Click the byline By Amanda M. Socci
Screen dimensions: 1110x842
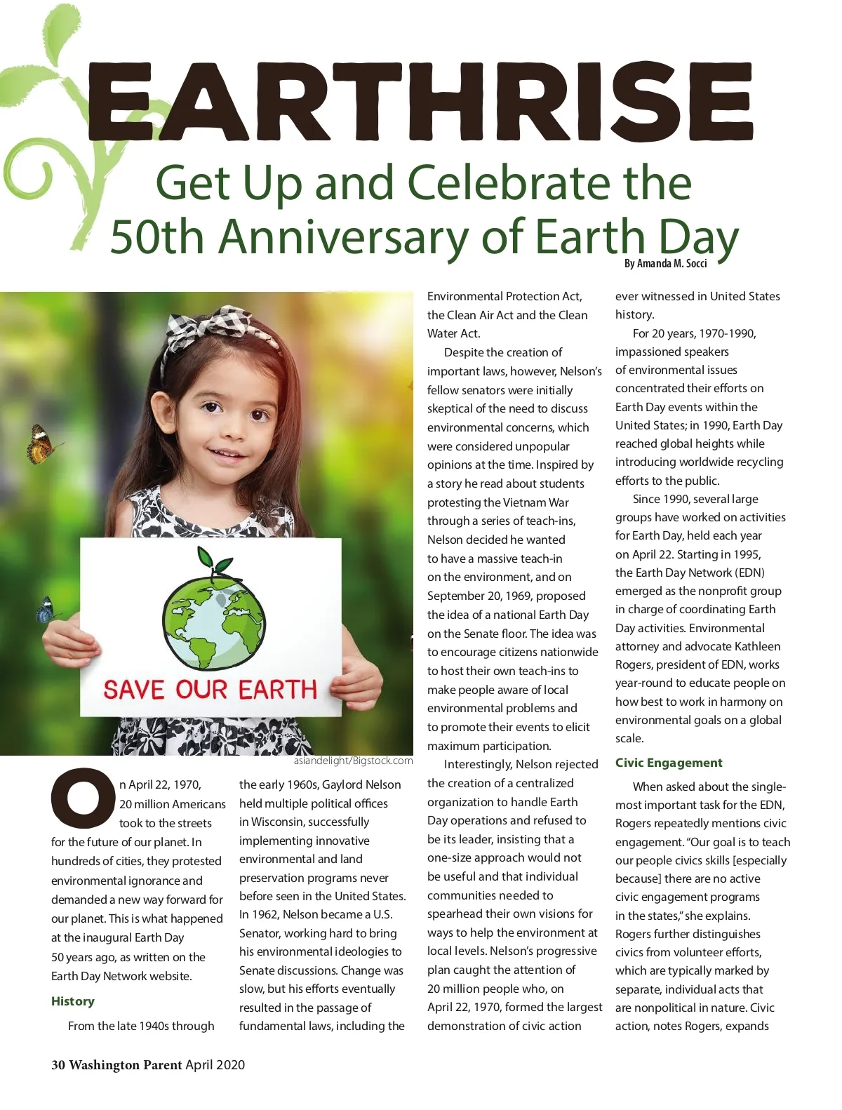pos(665,264)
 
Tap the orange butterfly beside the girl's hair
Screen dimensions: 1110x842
pos(42,444)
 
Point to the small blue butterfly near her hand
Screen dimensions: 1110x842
pos(46,610)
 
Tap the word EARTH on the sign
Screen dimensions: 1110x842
pos(278,689)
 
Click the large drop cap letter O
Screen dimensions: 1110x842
pos(83,798)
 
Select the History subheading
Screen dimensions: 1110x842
pos(72,1001)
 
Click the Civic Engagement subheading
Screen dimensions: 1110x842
pos(669,763)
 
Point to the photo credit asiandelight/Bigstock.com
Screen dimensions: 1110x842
pos(353,761)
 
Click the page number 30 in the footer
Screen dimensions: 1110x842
pos(58,1064)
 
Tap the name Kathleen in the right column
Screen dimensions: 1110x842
pos(754,646)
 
